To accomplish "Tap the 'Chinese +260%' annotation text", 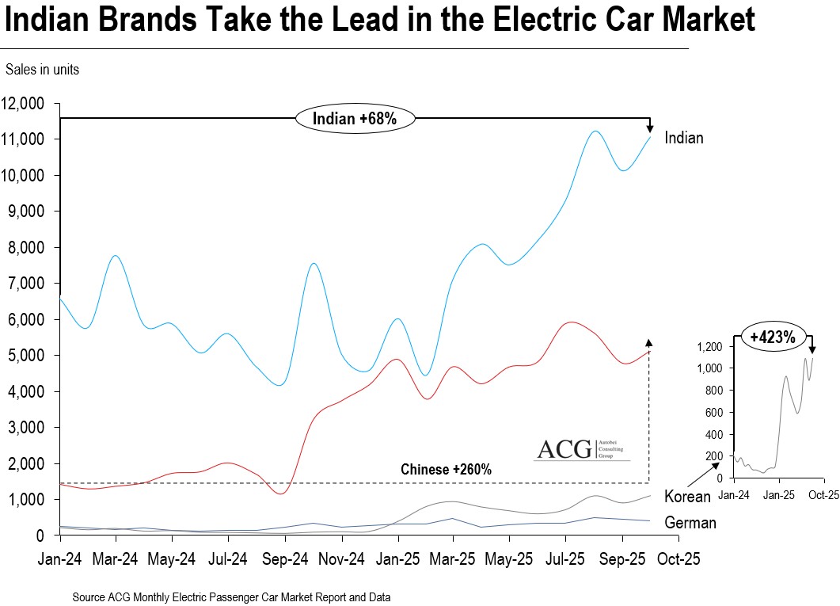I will (447, 470).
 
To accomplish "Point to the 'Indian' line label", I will (684, 138).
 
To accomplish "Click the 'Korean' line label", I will (687, 497).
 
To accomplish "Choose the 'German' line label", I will (690, 523).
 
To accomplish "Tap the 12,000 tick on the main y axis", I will (24, 103).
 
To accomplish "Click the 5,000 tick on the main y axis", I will (27, 356).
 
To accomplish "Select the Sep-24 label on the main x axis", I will (284, 558).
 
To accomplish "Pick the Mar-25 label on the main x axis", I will (453, 558).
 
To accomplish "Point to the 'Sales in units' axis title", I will (42, 69).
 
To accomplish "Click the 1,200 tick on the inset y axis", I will (710, 346).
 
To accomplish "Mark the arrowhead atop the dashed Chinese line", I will (649, 342).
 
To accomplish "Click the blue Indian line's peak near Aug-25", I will (595, 131).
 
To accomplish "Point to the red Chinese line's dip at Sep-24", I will (279, 494).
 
